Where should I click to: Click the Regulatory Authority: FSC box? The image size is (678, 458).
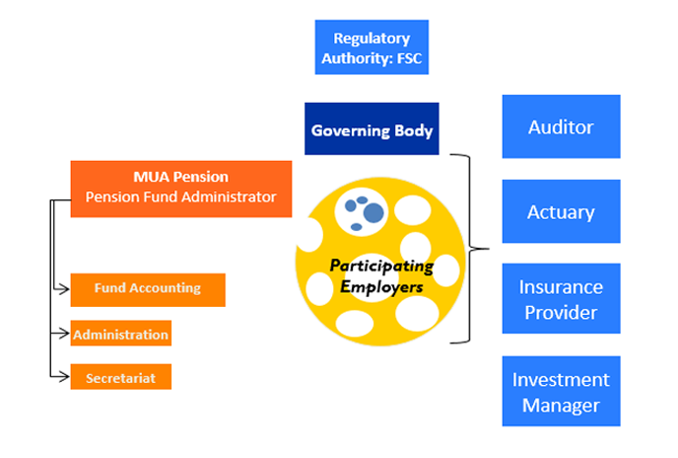tap(372, 48)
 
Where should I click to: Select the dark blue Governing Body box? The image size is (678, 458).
tap(372, 129)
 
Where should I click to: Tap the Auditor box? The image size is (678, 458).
tap(561, 126)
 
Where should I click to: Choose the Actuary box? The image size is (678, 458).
tap(561, 211)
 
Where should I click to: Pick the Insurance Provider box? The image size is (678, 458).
tap(561, 299)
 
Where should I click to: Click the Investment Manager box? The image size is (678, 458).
tap(561, 392)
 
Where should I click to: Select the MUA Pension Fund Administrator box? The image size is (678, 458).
tap(181, 188)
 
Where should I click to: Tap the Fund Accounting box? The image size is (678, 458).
tap(148, 289)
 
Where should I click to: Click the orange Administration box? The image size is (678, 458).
tap(120, 335)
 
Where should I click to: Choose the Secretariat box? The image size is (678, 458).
tap(120, 377)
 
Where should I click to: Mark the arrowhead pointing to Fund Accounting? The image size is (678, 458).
tap(65, 289)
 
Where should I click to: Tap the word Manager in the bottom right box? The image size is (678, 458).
tap(561, 405)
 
